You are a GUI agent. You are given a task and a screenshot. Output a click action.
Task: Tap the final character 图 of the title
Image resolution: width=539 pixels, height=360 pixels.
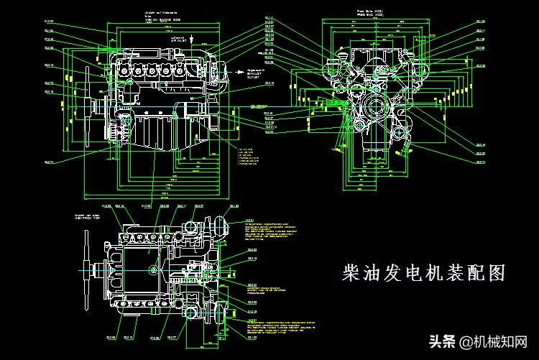point(496,272)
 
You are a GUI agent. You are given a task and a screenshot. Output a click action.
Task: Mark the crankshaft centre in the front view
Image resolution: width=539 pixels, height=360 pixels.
point(375,109)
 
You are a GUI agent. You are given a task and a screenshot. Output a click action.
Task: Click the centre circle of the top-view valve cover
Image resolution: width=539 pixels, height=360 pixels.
point(152,269)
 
